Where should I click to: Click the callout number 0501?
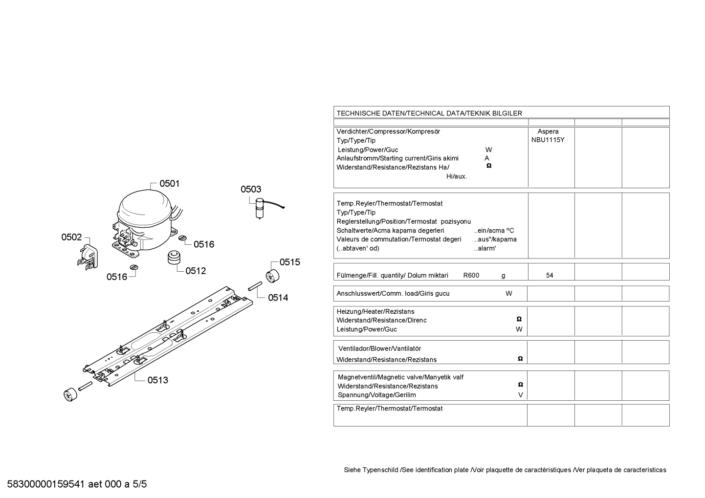(169, 183)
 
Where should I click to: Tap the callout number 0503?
(251, 189)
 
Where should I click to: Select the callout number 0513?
(158, 380)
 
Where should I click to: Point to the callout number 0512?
(196, 271)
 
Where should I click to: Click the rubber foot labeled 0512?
(175, 258)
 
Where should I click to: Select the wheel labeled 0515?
(272, 276)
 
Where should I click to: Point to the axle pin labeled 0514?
(255, 286)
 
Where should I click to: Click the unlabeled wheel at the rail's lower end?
(70, 395)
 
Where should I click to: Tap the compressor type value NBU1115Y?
(548, 140)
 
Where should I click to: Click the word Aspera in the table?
(548, 131)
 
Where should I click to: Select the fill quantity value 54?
(550, 275)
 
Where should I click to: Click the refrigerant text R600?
(471, 275)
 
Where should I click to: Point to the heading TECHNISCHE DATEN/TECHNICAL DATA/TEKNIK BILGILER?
(429, 113)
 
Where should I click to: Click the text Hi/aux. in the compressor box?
(456, 176)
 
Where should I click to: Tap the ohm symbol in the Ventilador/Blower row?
(520, 358)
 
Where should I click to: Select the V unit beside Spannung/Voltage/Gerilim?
(521, 395)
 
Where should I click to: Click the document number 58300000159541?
(46, 484)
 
